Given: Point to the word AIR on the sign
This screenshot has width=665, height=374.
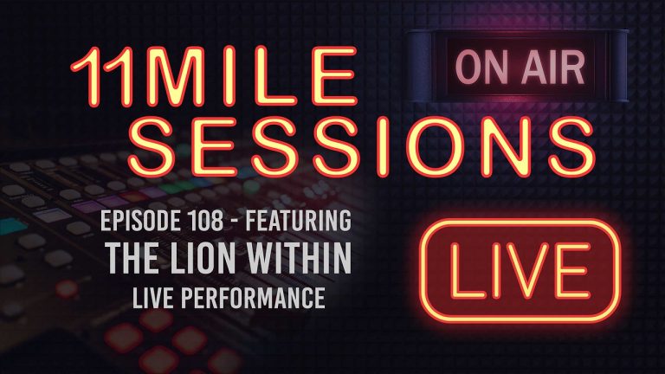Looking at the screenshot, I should (x=544, y=67).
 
